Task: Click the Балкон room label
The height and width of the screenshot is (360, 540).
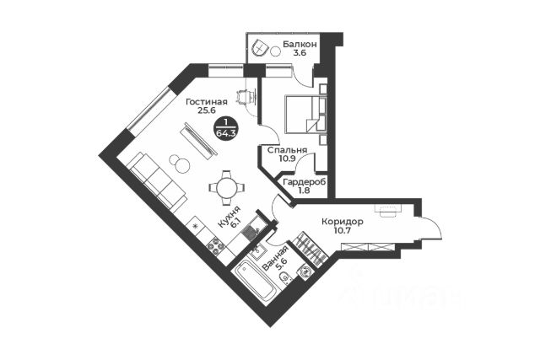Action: coord(300,43)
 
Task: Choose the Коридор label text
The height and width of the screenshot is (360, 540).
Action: coord(342,222)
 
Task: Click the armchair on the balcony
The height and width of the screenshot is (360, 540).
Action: coord(259,48)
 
